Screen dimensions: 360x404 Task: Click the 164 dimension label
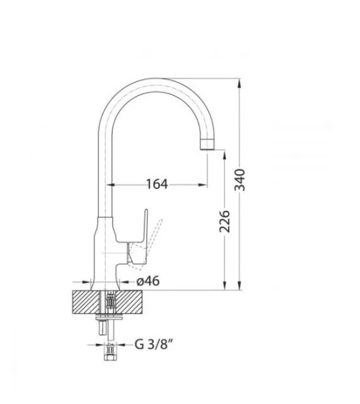157,184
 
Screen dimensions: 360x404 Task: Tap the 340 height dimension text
240,180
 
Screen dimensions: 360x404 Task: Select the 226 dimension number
224,221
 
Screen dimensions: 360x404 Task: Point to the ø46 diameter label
148,281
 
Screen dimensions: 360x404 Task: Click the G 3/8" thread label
154,344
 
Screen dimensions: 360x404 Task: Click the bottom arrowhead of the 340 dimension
240,285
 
